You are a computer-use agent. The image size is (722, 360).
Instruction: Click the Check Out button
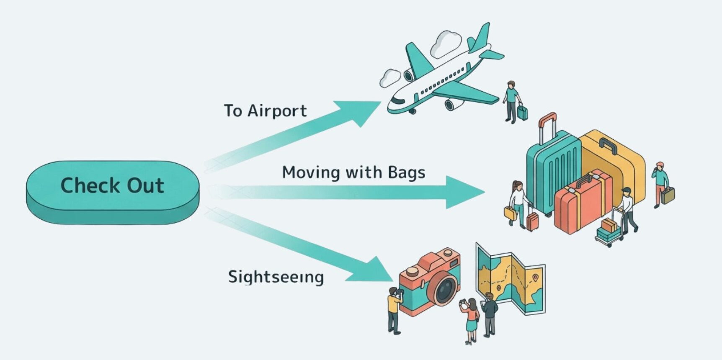click(x=112, y=186)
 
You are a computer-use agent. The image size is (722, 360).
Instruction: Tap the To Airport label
click(x=265, y=111)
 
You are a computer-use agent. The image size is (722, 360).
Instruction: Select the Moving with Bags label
click(x=353, y=172)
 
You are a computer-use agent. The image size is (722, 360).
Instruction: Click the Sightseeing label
click(x=276, y=277)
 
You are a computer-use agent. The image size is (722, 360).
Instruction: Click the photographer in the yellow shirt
click(x=394, y=310)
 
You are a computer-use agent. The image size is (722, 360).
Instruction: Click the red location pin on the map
click(x=535, y=277)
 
